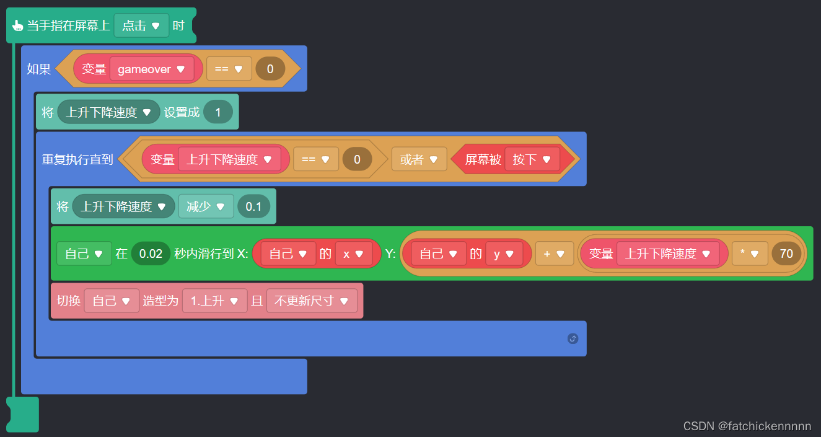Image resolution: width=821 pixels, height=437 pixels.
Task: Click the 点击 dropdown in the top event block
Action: coord(141,26)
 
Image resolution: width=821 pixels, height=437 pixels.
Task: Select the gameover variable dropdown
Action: coord(152,69)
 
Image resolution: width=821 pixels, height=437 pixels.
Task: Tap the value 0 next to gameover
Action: coord(270,69)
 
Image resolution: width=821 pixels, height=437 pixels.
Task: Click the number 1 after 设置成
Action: coord(217,112)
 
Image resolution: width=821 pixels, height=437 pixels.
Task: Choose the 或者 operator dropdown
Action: coord(419,159)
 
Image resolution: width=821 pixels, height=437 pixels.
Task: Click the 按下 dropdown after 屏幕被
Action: coord(532,159)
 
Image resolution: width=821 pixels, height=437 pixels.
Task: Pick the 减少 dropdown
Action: coord(206,206)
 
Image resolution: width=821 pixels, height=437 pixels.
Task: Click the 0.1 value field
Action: coord(253,206)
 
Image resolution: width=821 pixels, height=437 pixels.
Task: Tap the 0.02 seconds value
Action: coord(151,254)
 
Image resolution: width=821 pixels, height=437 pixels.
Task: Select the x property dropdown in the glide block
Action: coord(354,254)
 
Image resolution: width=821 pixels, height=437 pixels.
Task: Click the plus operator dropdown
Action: coord(554,254)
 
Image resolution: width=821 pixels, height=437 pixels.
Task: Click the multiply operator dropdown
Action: coord(750,254)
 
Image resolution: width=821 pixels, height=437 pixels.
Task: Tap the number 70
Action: coord(786,254)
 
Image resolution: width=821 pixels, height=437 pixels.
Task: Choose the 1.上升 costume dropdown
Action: coord(214,301)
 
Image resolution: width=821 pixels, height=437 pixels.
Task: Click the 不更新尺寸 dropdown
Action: coord(312,301)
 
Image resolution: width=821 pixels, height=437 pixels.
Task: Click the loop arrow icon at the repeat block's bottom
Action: coord(573,338)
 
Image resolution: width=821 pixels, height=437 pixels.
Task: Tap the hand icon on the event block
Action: coord(17,26)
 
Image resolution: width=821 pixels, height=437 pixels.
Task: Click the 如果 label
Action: coord(39,69)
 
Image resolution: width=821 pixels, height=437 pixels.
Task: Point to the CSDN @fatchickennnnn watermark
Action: coord(747,426)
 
